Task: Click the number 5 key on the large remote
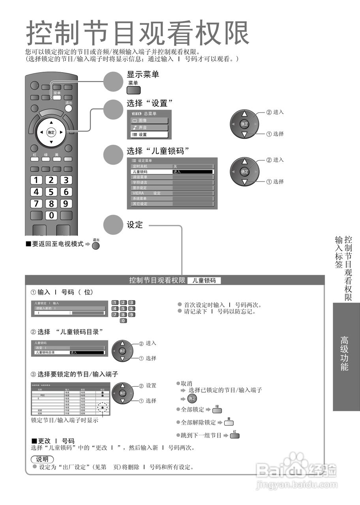51,192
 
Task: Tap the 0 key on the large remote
51,215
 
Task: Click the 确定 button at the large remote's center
51,132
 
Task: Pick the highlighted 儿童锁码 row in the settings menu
172,172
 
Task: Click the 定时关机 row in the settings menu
172,166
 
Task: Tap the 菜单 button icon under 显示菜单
133,90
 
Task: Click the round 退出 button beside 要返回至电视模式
96,245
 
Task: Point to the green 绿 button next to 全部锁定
217,410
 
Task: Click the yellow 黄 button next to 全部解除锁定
229,423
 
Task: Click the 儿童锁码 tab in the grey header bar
204,281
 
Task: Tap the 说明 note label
42,459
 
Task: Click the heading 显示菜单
142,74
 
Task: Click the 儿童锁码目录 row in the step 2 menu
69,352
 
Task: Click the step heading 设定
135,224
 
